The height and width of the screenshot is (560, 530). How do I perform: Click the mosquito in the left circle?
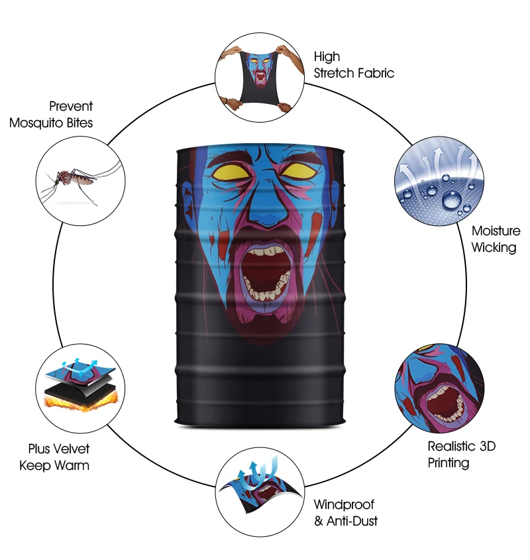70,178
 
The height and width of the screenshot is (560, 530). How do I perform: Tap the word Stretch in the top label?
336,73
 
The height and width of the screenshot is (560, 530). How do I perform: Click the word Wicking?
494,248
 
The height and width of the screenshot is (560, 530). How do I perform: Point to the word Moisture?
496,231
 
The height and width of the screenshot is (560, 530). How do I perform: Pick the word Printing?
448,463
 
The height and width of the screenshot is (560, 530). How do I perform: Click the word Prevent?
71,106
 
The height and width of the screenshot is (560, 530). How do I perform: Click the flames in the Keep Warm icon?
79,398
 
